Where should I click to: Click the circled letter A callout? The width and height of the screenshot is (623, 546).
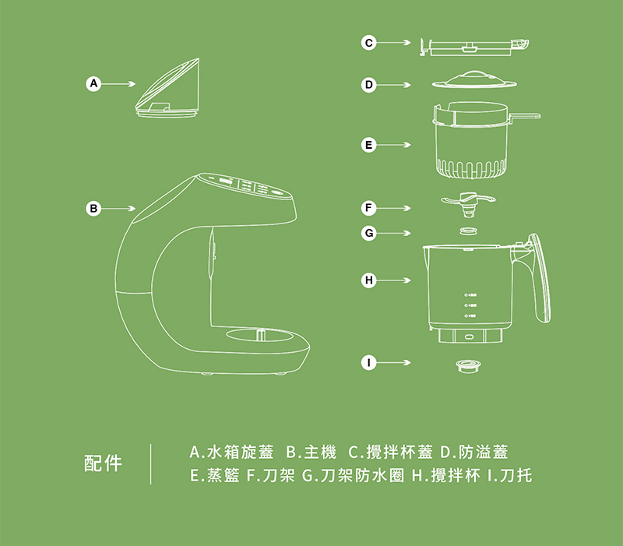click(x=94, y=82)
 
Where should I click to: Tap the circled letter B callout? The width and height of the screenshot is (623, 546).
click(x=94, y=208)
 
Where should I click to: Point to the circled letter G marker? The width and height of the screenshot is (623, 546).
click(x=369, y=232)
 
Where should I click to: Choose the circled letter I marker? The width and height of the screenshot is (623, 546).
click(x=369, y=362)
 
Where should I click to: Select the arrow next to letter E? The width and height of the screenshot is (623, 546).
click(x=396, y=145)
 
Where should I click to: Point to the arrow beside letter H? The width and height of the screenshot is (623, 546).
click(x=396, y=279)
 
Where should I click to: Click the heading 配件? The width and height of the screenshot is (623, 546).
click(x=103, y=463)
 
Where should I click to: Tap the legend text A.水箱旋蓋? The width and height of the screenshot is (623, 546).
click(x=231, y=453)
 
